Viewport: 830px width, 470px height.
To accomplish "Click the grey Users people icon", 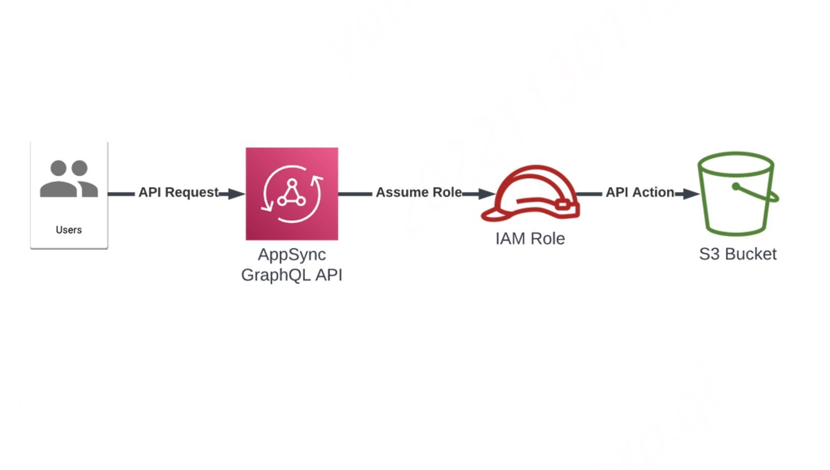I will [69, 179].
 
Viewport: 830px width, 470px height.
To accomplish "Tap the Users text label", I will [69, 230].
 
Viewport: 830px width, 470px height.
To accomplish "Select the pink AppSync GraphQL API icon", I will [292, 193].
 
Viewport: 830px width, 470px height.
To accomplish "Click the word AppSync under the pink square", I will [292, 255].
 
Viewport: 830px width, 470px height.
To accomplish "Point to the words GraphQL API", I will [292, 274].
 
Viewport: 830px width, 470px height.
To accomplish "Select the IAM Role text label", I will [530, 239].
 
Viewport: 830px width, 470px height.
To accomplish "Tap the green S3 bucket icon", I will [737, 194].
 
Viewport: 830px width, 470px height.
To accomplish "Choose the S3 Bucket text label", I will [737, 254].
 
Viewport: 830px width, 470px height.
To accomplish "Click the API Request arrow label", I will [178, 192].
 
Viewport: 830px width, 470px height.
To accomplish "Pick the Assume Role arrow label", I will [419, 192].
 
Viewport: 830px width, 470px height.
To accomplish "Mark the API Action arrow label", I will [640, 192].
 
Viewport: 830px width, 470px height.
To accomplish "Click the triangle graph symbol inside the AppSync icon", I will [292, 193].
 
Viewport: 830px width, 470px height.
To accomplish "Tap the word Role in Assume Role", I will [447, 192].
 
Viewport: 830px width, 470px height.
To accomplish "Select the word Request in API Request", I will [191, 192].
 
